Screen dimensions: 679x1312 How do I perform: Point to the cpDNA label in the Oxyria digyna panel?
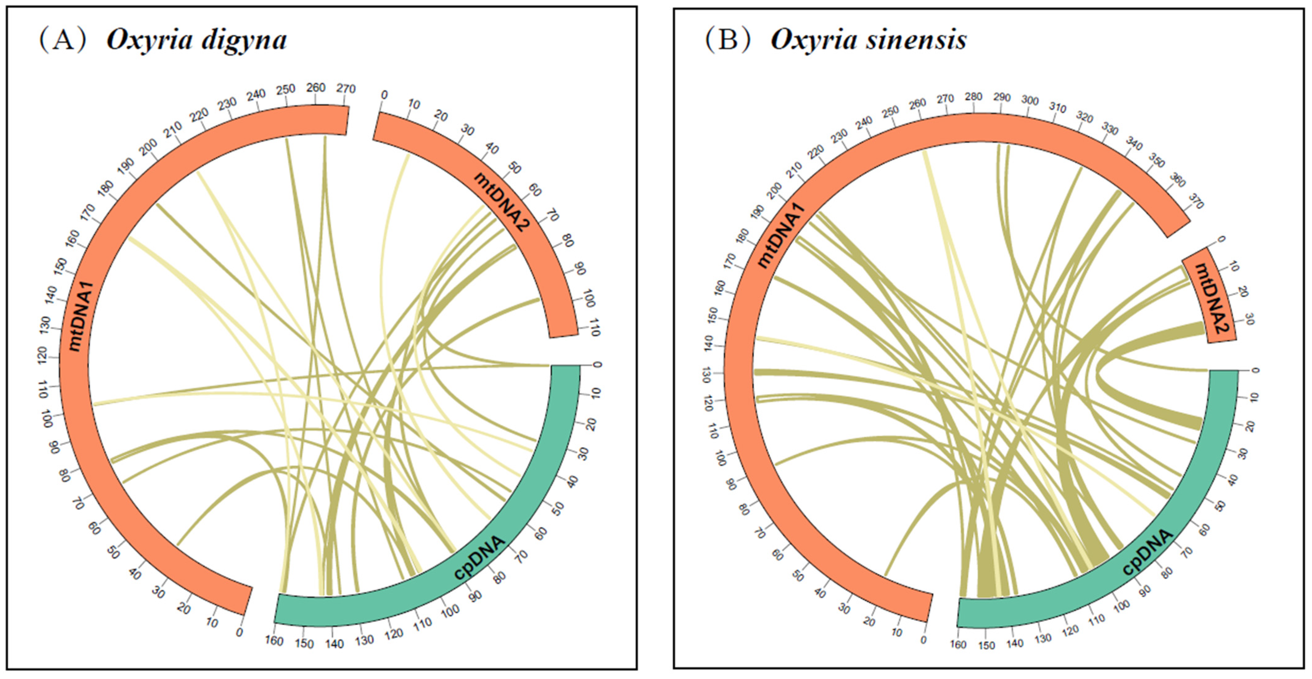click(x=479, y=558)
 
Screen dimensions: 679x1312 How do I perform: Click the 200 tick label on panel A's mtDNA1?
click(x=149, y=147)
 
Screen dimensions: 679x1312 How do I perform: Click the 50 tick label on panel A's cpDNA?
click(x=559, y=508)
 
